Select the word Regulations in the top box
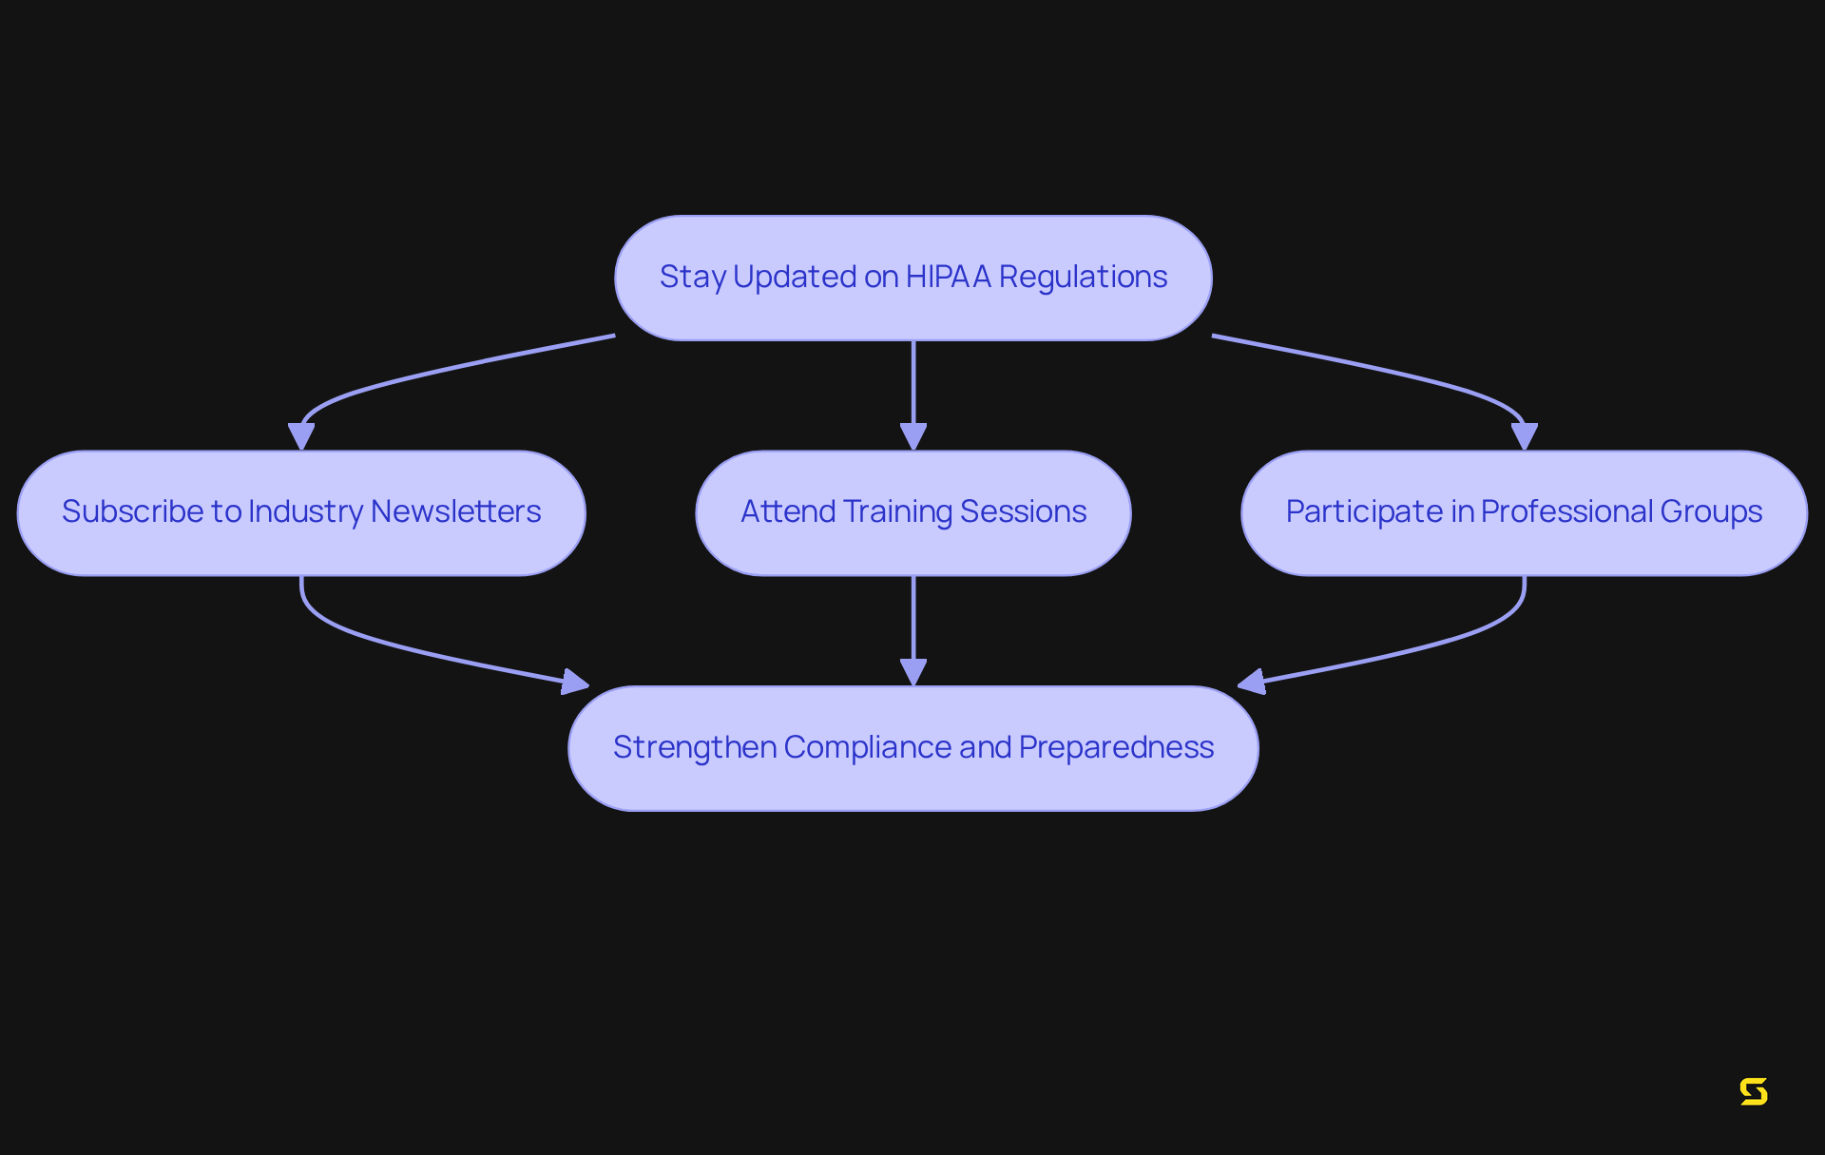[1083, 277]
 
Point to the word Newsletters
[455, 511]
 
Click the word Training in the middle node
[897, 511]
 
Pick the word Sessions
[1023, 511]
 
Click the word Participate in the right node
[1364, 511]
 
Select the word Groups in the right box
[1711, 511]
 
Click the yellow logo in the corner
[1754, 1091]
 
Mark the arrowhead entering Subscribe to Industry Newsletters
[301, 437]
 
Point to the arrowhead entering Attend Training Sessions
[913, 437]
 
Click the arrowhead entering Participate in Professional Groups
[1525, 437]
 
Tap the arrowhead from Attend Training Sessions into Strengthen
[913, 672]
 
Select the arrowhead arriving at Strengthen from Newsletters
[575, 682]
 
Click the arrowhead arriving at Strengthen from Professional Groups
[1252, 682]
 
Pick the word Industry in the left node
[305, 511]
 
